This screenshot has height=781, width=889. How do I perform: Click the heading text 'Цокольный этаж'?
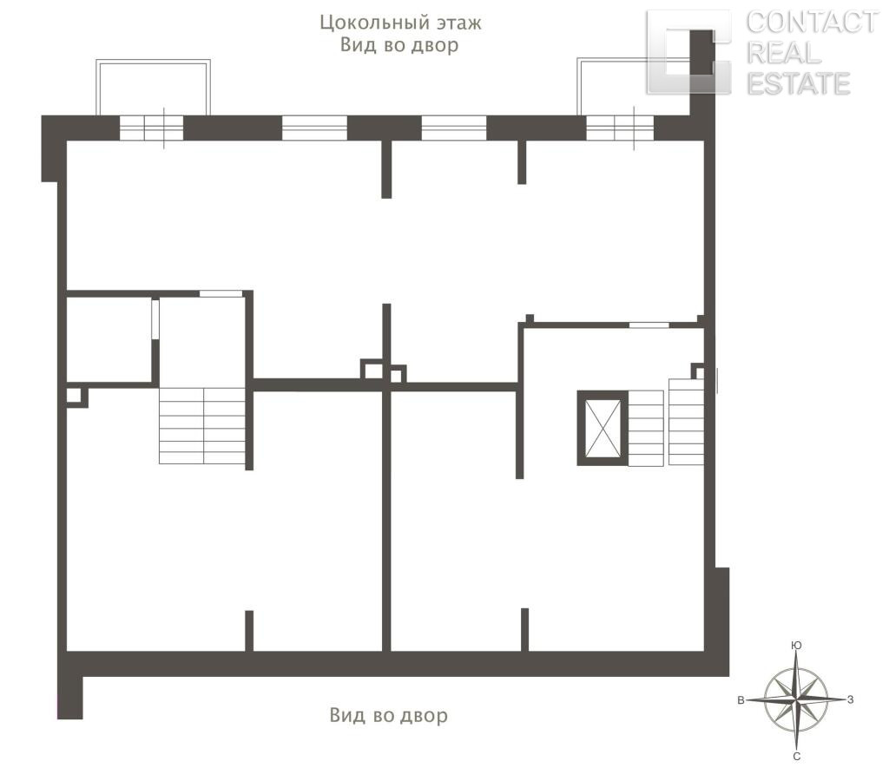coord(400,23)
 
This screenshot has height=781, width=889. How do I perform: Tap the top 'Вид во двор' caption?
coord(399,45)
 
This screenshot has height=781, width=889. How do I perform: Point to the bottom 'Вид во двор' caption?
coord(388,715)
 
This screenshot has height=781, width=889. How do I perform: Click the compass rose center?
coord(796,699)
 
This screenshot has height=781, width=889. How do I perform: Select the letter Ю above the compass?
coord(796,645)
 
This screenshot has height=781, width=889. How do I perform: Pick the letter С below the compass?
coord(797,757)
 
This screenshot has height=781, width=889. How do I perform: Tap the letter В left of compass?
coord(741,700)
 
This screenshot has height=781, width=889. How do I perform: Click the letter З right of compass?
coord(851,699)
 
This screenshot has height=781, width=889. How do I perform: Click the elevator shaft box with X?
coord(603,428)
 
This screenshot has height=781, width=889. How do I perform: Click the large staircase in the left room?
coord(201,426)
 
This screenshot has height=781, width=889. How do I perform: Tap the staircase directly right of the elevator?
coord(646,429)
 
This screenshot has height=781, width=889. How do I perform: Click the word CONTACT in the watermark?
coord(812,23)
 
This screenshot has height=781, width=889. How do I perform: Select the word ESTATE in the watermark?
coord(799,83)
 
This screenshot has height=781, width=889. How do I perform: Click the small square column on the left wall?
coord(76,397)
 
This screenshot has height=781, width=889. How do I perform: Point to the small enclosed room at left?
coord(109,339)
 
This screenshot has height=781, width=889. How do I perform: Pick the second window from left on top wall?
coord(314,128)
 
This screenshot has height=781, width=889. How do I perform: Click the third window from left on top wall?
coord(454,128)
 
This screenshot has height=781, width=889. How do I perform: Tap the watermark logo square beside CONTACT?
coord(688,52)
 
